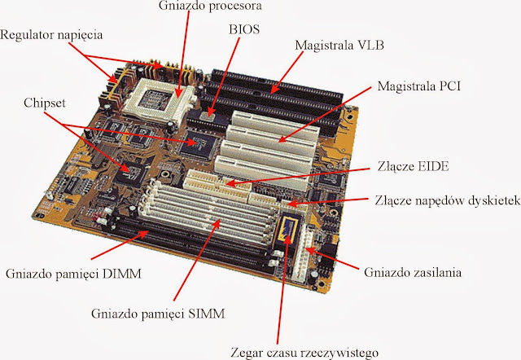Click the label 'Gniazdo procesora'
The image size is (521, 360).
point(210,6)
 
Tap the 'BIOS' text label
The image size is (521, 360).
point(244,29)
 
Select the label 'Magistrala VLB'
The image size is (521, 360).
point(339,46)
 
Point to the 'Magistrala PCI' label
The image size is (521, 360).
point(418,86)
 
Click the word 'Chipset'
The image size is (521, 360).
point(45,103)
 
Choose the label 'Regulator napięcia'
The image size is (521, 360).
point(51,35)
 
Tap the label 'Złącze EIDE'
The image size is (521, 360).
point(413,166)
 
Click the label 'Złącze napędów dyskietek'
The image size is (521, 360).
point(448,200)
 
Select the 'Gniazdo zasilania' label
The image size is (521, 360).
point(413,272)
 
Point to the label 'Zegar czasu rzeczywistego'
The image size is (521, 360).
point(304,353)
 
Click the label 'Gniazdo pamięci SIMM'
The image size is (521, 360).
point(158,314)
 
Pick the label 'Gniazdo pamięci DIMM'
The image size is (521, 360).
point(73,274)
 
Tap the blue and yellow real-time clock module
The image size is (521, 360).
point(289,228)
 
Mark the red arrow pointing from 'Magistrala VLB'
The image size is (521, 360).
point(287,72)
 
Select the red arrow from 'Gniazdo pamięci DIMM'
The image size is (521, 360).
point(120,245)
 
